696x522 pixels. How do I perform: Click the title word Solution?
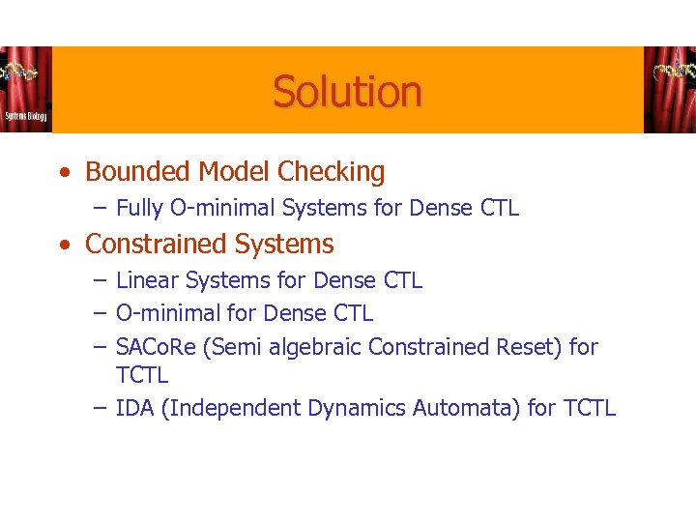pyautogui.click(x=347, y=92)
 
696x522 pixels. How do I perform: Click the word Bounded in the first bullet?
pyautogui.click(x=137, y=172)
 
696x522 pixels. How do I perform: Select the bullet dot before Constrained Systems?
pyautogui.click(x=63, y=246)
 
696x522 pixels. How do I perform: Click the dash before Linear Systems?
pyautogui.click(x=101, y=281)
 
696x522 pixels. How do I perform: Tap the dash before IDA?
pyautogui.click(x=101, y=409)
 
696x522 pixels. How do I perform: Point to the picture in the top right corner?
pyautogui.click(x=669, y=89)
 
